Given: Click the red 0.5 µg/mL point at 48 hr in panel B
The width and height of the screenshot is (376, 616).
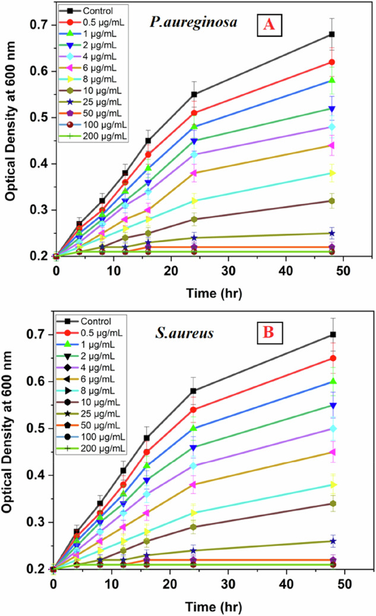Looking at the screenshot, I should coord(332,358).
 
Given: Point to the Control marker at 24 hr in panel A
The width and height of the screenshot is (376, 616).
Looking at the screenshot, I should coord(194,94).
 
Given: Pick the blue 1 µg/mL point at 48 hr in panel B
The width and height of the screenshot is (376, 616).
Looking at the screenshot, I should coord(332,381).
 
